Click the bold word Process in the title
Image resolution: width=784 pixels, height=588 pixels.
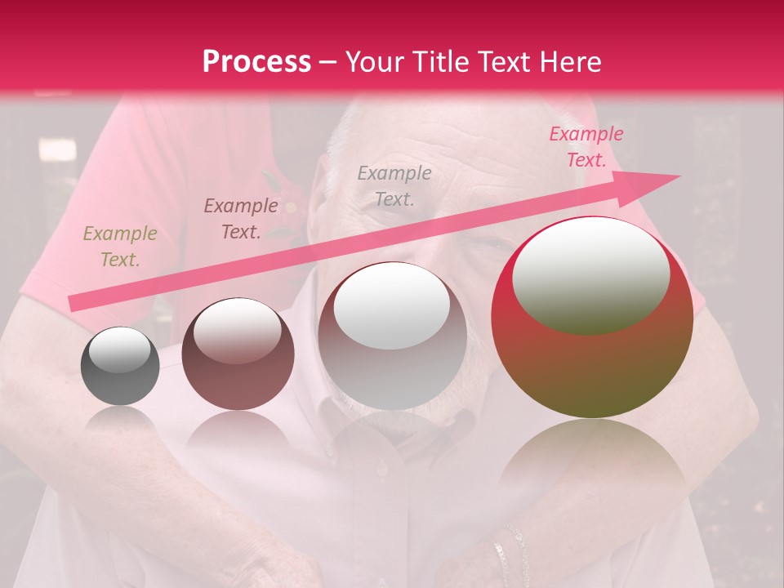pyautogui.click(x=256, y=62)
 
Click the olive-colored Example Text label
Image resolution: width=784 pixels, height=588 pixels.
pyautogui.click(x=120, y=247)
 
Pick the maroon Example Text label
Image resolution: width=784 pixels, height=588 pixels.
pyautogui.click(x=240, y=218)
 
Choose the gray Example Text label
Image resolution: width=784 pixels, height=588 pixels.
pyautogui.click(x=394, y=185)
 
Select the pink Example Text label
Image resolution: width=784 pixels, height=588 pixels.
pyautogui.click(x=586, y=147)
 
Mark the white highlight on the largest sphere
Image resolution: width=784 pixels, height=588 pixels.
pyautogui.click(x=590, y=275)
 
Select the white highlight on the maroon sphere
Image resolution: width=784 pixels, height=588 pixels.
pyautogui.click(x=237, y=330)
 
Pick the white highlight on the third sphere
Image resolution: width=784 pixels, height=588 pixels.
pyautogui.click(x=392, y=306)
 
